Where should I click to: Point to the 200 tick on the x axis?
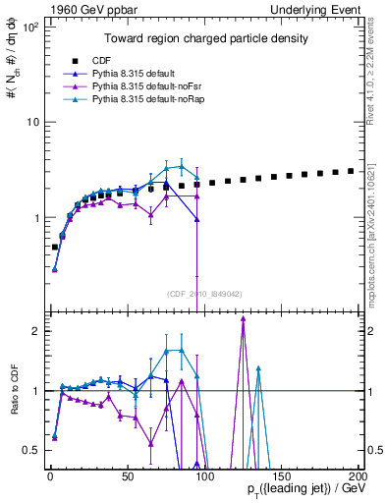pyautogui.click(x=358, y=476)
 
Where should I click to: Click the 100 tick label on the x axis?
pyautogui.click(x=203, y=476)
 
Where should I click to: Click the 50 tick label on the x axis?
pyautogui.click(x=127, y=476)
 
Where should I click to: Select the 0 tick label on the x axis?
pyautogui.click(x=50, y=476)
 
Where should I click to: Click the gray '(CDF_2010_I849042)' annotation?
pyautogui.click(x=206, y=292)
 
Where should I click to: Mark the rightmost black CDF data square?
pyautogui.click(x=351, y=170)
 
